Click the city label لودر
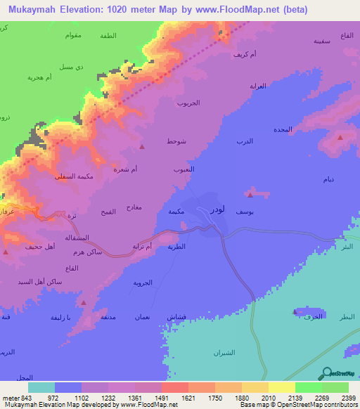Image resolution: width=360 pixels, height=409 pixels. tap(219, 209)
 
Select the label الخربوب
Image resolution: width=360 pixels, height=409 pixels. tap(189, 103)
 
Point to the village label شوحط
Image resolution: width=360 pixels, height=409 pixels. tap(176, 141)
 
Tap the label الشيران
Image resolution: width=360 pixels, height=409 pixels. tap(224, 353)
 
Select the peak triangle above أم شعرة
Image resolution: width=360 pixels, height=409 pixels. tap(142, 147)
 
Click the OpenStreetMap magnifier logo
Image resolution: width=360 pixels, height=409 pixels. tap(326, 373)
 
